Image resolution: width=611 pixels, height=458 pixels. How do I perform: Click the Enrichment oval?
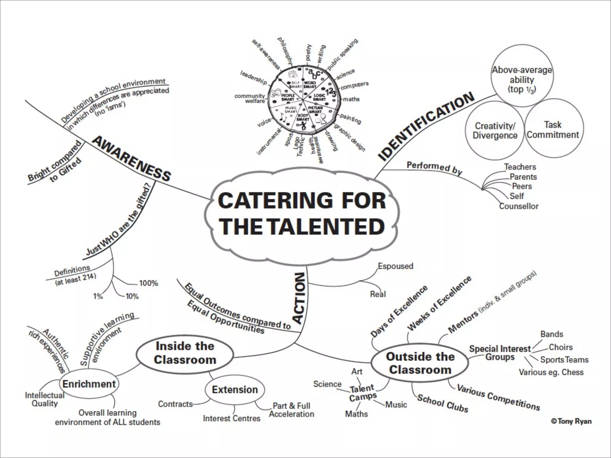tap(89, 384)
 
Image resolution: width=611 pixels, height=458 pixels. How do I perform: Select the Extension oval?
tap(235, 390)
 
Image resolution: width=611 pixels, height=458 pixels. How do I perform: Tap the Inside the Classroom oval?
tap(185, 353)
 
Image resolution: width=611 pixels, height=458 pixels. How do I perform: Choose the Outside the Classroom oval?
tap(420, 363)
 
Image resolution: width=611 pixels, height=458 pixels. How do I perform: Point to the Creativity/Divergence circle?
tap(495, 131)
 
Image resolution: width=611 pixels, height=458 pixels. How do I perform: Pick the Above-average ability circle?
tap(522, 80)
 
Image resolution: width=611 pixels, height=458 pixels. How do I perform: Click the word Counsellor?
tap(519, 206)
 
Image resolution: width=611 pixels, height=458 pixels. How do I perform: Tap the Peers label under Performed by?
tap(522, 186)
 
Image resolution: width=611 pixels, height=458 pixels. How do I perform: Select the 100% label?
tap(149, 283)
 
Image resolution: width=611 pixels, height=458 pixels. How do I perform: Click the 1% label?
tap(98, 296)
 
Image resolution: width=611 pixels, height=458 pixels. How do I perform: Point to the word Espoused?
tap(395, 266)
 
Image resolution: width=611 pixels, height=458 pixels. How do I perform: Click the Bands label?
tap(552, 334)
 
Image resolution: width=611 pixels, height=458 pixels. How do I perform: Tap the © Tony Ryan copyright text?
tap(571, 421)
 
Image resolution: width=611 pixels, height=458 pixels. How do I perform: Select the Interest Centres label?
tap(232, 419)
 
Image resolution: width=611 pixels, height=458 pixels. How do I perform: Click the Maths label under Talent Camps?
tap(357, 414)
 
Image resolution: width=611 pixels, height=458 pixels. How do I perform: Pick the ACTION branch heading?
tap(299, 298)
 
